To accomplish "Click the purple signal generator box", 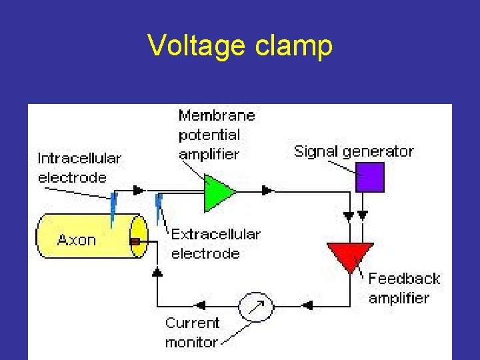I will tap(370, 177).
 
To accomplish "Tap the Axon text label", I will tap(77, 240).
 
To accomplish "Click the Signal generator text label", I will tap(354, 151).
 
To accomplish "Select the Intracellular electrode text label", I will tap(79, 167).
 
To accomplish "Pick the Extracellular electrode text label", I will tap(215, 243).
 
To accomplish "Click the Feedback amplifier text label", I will tap(404, 287).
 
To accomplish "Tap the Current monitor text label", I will tap(192, 332).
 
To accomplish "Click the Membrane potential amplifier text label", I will tap(216, 134).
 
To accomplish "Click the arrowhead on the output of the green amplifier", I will tap(267, 191).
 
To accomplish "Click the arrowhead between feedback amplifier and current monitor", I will tap(308, 306).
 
